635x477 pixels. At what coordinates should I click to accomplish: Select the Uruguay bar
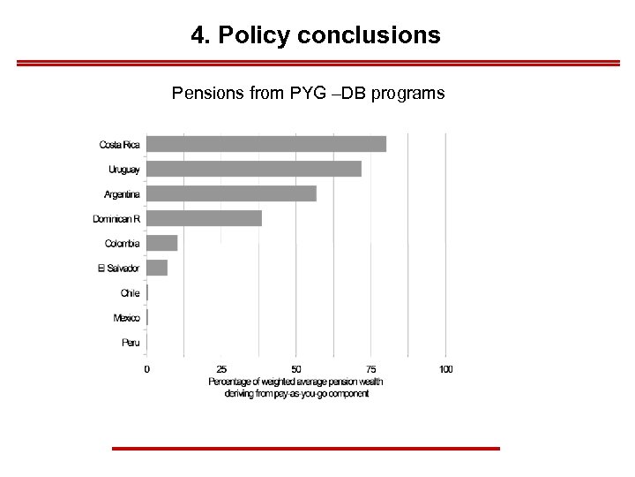(254, 169)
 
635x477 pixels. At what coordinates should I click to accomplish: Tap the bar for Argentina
(231, 193)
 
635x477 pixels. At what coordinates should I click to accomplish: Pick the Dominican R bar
(204, 218)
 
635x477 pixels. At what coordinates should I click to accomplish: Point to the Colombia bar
(162, 243)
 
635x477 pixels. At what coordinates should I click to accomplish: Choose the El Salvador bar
(157, 268)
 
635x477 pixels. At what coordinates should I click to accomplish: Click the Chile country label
(131, 293)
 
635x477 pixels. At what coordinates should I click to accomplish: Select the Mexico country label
(127, 318)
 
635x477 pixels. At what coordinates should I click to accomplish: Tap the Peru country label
(131, 343)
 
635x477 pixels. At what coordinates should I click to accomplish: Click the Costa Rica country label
(119, 144)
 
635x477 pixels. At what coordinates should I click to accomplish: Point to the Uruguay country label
(124, 169)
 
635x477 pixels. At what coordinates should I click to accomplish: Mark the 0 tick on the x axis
(147, 369)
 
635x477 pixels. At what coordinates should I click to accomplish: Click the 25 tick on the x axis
(221, 369)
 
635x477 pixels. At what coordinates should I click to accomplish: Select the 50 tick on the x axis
(296, 369)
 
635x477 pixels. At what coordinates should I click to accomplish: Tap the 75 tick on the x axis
(371, 369)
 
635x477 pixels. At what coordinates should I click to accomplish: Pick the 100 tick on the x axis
(446, 369)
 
